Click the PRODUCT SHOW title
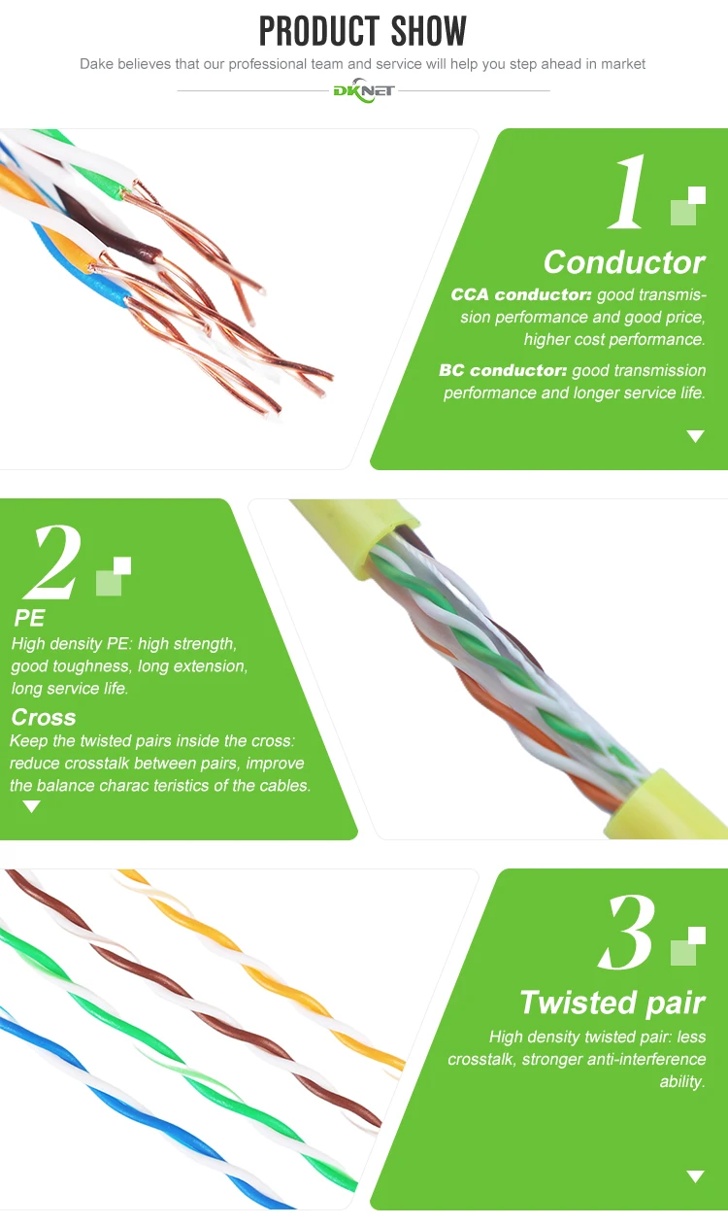pyautogui.click(x=363, y=31)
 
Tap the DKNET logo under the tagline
pyautogui.click(x=363, y=90)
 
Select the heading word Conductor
pyautogui.click(x=624, y=262)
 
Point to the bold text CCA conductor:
pyautogui.click(x=521, y=294)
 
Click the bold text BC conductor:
pyautogui.click(x=503, y=370)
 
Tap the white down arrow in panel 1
pyautogui.click(x=695, y=436)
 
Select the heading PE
pyautogui.click(x=29, y=619)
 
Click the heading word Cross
pyautogui.click(x=44, y=717)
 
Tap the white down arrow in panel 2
pyautogui.click(x=32, y=806)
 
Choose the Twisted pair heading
pyautogui.click(x=612, y=1003)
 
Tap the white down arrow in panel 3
pyautogui.click(x=695, y=1176)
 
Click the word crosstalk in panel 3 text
pyautogui.click(x=480, y=1059)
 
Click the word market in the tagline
pyautogui.click(x=622, y=64)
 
